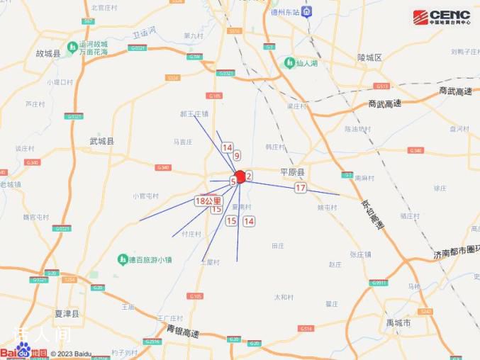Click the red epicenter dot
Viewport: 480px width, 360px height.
[x=240, y=176]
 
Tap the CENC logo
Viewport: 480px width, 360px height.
[x=441, y=16]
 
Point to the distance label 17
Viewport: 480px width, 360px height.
[x=301, y=188]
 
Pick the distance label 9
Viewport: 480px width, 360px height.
[x=237, y=155]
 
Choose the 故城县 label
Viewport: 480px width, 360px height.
[x=49, y=53]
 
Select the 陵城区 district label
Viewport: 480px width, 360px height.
[x=369, y=57]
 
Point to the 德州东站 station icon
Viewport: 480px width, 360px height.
[x=306, y=11]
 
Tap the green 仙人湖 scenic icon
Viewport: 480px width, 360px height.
[x=289, y=63]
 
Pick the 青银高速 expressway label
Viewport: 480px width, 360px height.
[x=183, y=332]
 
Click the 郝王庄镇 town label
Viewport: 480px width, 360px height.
[x=194, y=113]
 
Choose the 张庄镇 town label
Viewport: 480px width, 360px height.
[x=362, y=254]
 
